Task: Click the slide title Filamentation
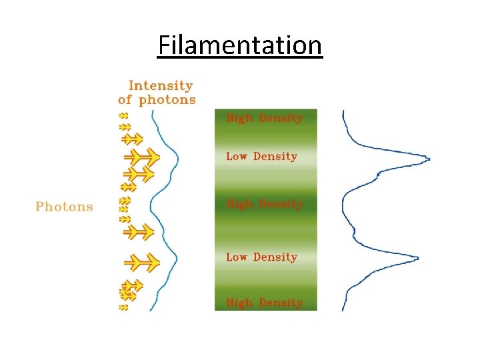(240, 46)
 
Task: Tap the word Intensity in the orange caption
(160, 85)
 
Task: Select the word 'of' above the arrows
(125, 100)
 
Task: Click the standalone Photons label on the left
(64, 207)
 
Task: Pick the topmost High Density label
(265, 119)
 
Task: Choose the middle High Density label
(265, 204)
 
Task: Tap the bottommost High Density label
(265, 303)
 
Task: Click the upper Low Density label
(261, 157)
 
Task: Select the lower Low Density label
(261, 257)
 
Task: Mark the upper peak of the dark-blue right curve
(427, 159)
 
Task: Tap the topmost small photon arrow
(123, 115)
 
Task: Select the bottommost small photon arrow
(123, 308)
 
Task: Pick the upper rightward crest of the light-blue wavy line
(178, 158)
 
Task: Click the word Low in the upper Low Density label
(237, 157)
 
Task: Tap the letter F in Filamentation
(164, 46)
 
